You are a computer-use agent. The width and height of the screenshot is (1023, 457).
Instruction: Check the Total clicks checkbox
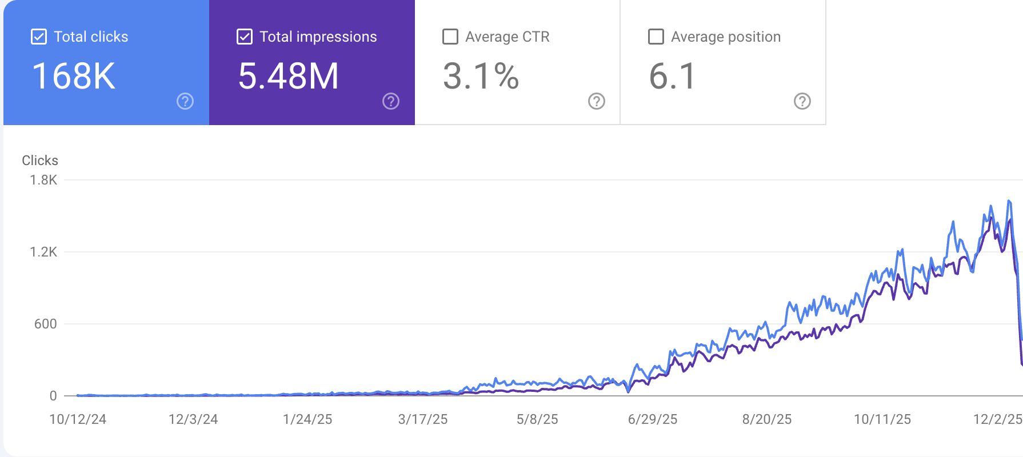coord(39,37)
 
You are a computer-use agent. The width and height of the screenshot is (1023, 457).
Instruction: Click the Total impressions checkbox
coord(245,37)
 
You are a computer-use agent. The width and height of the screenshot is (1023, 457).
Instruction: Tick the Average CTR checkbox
coord(450,37)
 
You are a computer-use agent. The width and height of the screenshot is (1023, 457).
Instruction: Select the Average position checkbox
coord(656,37)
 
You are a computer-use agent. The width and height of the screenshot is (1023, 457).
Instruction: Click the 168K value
coord(74,76)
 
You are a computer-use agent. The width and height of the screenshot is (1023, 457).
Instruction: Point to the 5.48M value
coord(288,76)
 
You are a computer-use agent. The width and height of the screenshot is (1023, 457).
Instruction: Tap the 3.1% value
coord(481,76)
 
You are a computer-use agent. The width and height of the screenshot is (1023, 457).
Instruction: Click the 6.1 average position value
coord(672,76)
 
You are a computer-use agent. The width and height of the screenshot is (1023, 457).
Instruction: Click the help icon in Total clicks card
coord(185,101)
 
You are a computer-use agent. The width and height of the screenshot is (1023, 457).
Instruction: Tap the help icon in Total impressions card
coord(391,101)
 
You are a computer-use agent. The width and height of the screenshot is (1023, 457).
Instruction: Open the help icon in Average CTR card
coord(597,101)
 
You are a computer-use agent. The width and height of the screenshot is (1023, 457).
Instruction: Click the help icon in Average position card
coord(802,101)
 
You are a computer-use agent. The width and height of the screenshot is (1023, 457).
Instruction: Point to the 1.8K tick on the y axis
coord(43,180)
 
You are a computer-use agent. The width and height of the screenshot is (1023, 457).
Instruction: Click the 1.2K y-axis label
coord(43,252)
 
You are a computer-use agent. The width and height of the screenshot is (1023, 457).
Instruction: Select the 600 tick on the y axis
coord(46,324)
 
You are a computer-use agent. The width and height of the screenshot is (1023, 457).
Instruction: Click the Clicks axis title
coord(40,161)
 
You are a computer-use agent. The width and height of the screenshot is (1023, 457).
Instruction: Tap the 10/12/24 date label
coord(78,419)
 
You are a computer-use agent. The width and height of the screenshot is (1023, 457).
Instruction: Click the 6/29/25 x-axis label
coord(653,419)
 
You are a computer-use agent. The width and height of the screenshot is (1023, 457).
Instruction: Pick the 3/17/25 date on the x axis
coord(423,419)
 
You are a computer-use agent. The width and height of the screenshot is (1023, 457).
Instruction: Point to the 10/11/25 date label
coord(882,419)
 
